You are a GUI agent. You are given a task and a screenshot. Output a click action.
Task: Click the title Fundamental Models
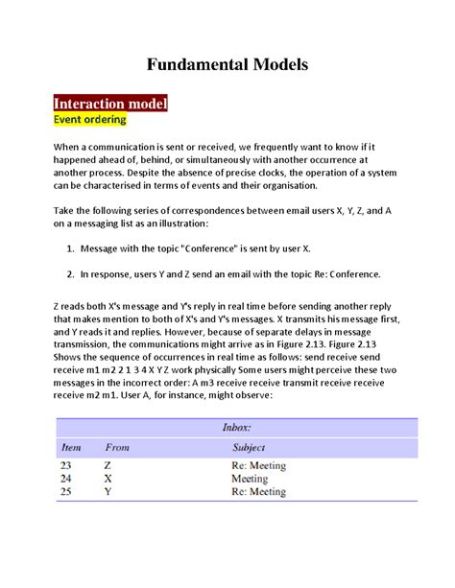pyautogui.click(x=227, y=65)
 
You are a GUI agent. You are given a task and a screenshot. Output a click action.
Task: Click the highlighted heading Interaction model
pyautogui.click(x=110, y=103)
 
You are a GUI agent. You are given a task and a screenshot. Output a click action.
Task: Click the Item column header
pyautogui.click(x=71, y=447)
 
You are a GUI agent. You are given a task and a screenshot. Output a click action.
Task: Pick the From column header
pyautogui.click(x=118, y=447)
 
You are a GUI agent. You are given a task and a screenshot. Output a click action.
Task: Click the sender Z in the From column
pyautogui.click(x=107, y=466)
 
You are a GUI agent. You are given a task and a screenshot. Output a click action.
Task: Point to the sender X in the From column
pyautogui.click(x=108, y=479)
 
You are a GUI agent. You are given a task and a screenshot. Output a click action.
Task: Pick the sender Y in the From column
pyautogui.click(x=108, y=491)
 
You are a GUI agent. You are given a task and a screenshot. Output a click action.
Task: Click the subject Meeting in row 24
pyautogui.click(x=250, y=479)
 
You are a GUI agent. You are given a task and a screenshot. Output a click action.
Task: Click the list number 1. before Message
pyautogui.click(x=70, y=248)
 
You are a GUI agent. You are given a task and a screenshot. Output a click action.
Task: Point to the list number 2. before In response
pyautogui.click(x=70, y=272)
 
